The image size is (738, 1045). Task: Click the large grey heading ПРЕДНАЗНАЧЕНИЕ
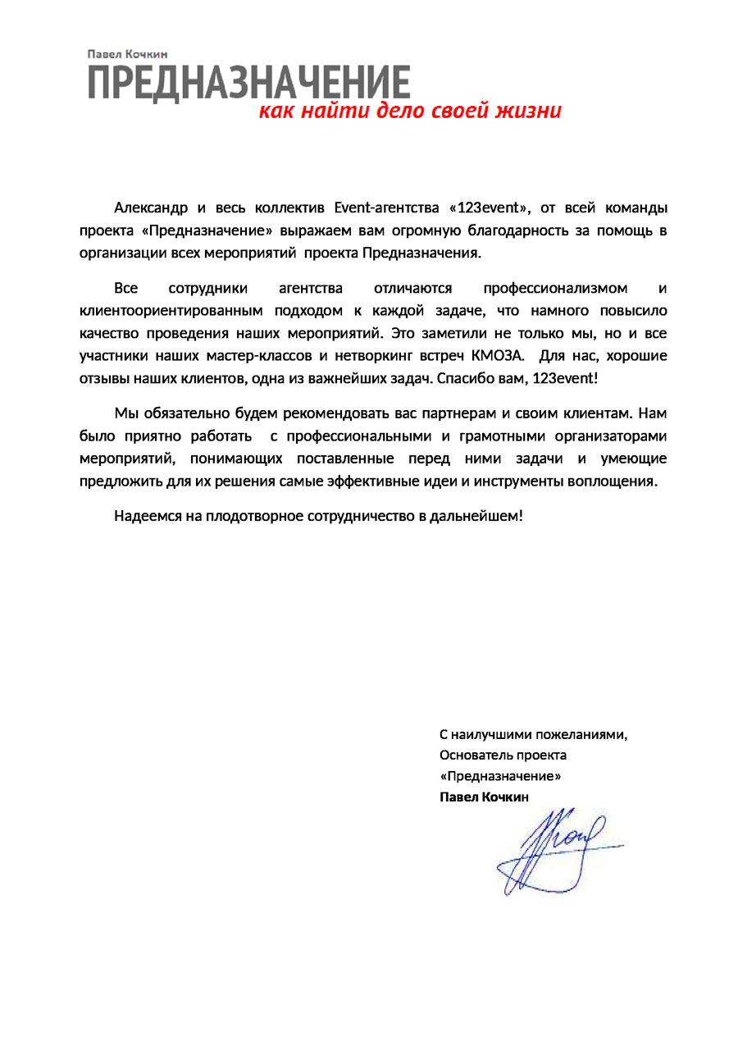(249, 83)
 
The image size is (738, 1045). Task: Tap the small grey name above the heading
(127, 54)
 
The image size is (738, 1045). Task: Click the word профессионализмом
(556, 289)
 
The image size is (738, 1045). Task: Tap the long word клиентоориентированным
(171, 312)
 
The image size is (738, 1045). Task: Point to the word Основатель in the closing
(474, 755)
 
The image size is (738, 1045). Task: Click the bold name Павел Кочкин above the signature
(485, 797)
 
